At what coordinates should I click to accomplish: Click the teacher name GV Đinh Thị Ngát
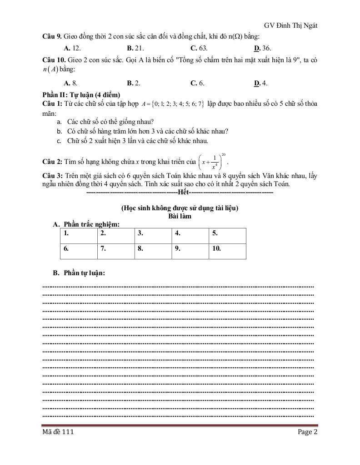[x=290, y=25]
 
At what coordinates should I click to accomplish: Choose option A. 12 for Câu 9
[x=72, y=48]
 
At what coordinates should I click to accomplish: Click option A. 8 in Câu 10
[x=70, y=83]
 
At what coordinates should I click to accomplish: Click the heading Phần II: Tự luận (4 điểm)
[x=80, y=95]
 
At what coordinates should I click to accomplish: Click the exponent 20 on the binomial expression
[x=224, y=154]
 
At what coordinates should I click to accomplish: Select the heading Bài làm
[x=180, y=216]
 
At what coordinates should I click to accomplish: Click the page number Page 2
[x=308, y=432]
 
